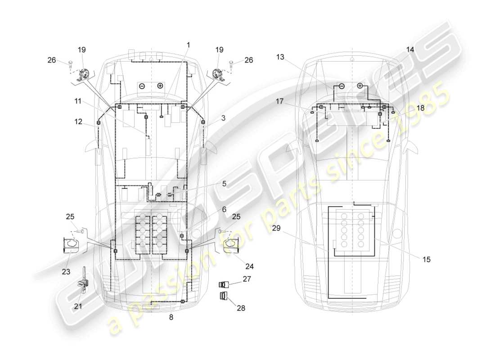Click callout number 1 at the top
pos(189,45)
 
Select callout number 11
pos(78,101)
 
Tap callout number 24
pos(249,266)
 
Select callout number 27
pos(246,279)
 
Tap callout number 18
pos(420,108)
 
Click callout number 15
pos(426,259)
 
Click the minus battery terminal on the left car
pos(141,85)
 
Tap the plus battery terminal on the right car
pos(360,85)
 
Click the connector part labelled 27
pos(225,284)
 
